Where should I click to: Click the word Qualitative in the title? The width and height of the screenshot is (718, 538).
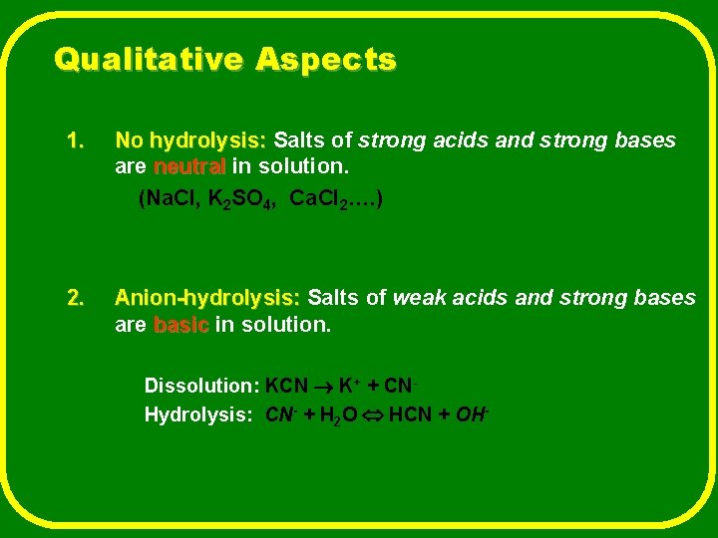click(149, 61)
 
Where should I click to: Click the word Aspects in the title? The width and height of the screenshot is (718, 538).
click(325, 61)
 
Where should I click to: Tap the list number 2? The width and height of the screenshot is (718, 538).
click(75, 298)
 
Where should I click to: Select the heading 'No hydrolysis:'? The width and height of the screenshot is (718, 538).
click(190, 140)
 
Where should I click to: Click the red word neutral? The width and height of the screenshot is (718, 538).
click(189, 164)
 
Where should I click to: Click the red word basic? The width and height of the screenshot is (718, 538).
click(181, 325)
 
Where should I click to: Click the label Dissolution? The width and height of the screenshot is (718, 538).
click(202, 386)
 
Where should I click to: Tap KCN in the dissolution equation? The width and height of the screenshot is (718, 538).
click(287, 386)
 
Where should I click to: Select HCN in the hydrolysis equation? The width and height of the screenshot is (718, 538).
click(412, 414)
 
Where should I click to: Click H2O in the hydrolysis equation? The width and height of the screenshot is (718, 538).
click(335, 415)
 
